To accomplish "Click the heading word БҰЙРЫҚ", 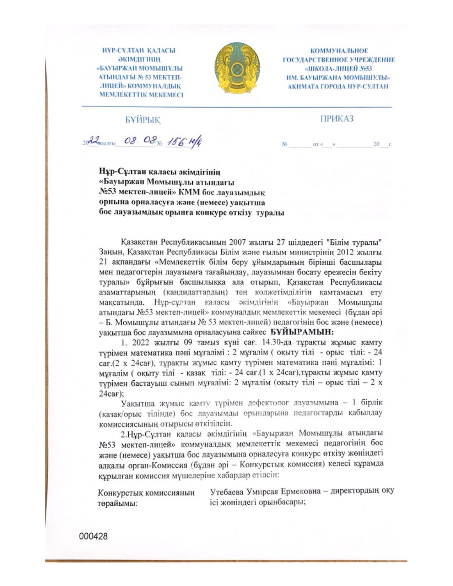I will point(142,120).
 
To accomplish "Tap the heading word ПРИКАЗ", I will point(337,119).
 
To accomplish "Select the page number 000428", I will point(93,536).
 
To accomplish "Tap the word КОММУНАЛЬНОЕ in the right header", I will point(339,51).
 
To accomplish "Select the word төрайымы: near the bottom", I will point(118,504).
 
